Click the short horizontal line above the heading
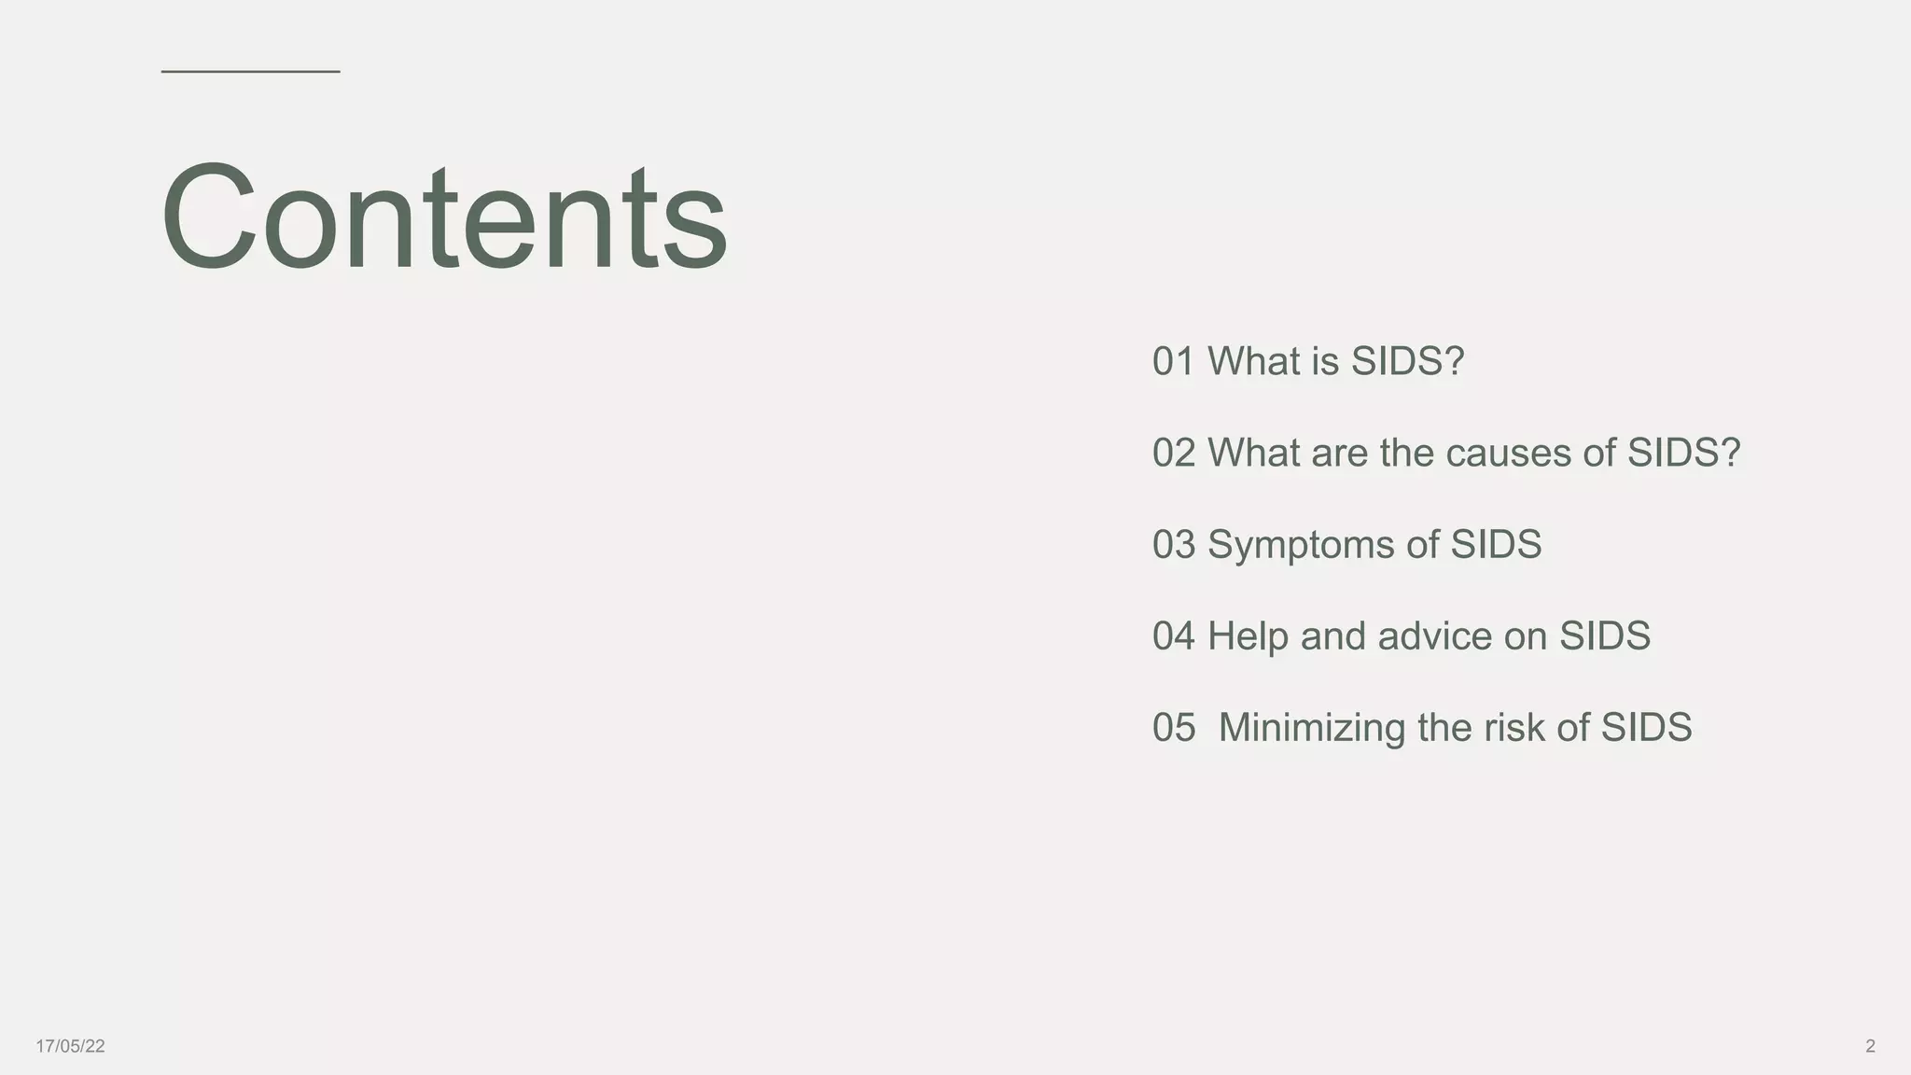pos(250,71)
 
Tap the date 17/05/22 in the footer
pos(70,1046)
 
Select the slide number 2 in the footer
pos(1870,1046)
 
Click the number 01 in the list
pos(1173,362)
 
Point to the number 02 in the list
pos(1173,454)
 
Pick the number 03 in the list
pos(1173,545)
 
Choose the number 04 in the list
pos(1173,636)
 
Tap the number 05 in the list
pos(1173,728)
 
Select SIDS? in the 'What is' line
pos(1408,362)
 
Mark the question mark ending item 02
pos(1731,453)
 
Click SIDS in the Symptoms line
pos(1496,545)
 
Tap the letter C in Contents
pos(208,216)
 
